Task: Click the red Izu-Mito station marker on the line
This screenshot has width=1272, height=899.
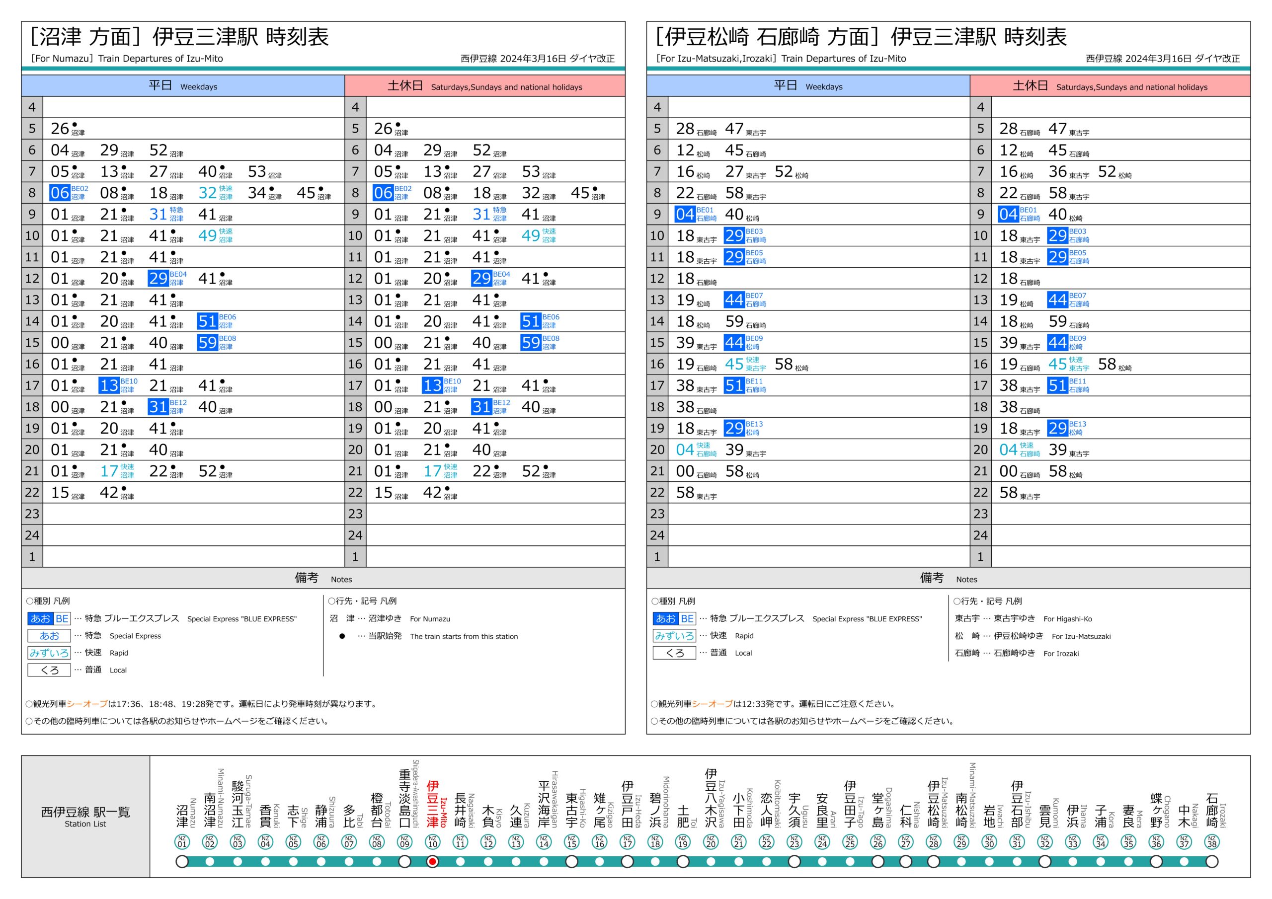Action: coord(432,861)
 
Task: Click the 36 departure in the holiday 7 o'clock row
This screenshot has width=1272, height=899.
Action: coord(1057,172)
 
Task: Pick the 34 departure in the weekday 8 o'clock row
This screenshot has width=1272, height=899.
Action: coord(256,193)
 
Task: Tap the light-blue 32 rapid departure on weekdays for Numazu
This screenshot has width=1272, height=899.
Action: coord(208,193)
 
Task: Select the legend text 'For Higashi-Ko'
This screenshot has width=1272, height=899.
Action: coord(1067,619)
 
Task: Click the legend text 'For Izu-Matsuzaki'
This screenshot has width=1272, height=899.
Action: coord(1081,636)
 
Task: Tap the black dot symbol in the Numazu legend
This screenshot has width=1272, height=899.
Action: coord(342,636)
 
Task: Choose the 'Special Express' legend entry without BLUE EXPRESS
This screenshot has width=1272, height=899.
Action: coord(135,636)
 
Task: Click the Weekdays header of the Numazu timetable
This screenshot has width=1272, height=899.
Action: coord(183,86)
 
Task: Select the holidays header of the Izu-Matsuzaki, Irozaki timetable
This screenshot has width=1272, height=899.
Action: coord(1110,86)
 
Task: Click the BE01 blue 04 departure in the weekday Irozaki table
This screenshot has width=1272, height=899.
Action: coord(685,215)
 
